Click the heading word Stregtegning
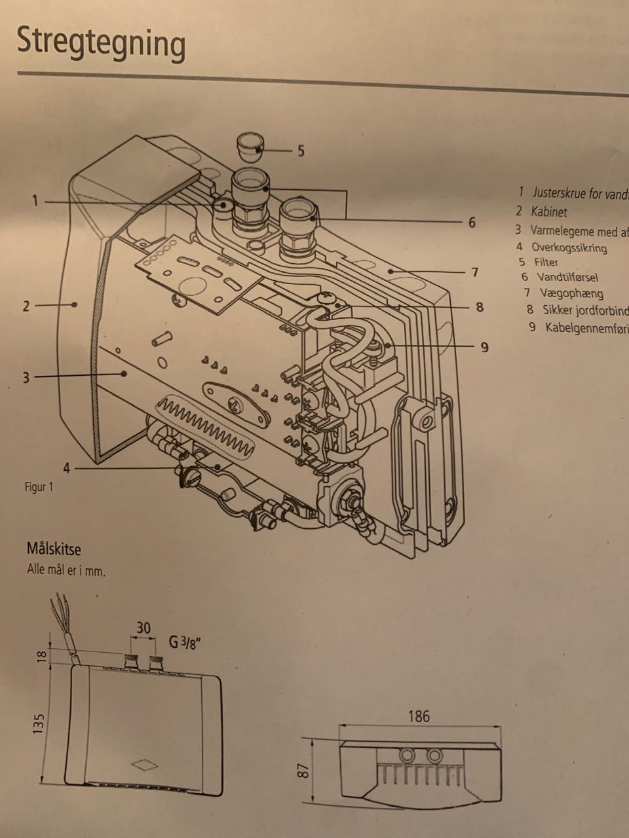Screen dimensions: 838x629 [101, 43]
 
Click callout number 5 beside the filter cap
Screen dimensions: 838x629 [300, 151]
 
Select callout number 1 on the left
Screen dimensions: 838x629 [35, 201]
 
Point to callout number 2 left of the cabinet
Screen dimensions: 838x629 [26, 306]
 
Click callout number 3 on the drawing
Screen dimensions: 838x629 [26, 378]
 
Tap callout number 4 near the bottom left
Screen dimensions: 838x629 [66, 468]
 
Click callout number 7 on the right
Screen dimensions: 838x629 [475, 272]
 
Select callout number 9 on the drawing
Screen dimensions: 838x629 [484, 347]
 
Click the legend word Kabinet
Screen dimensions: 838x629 [549, 211]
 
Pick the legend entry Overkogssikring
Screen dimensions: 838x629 [569, 247]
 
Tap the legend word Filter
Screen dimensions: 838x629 [546, 262]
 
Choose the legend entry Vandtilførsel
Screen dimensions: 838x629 [567, 278]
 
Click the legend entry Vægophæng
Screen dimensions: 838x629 [571, 293]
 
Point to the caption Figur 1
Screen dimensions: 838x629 [39, 487]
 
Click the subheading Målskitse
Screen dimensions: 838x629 [54, 548]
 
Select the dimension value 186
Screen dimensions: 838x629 [419, 716]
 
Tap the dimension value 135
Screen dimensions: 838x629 [39, 724]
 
